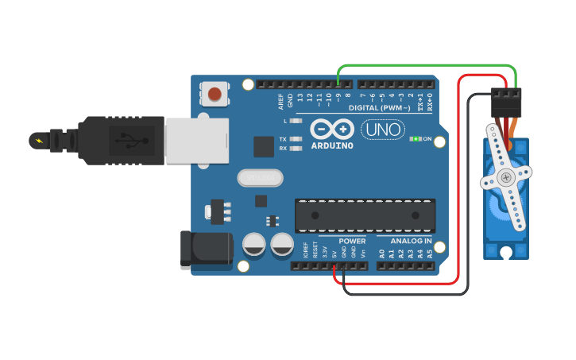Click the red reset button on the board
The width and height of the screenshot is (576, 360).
click(214, 95)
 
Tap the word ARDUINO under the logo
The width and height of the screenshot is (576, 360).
click(332, 145)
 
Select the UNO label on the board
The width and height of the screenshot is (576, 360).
click(383, 129)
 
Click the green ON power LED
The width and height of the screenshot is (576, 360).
click(415, 139)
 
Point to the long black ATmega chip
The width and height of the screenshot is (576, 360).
click(365, 215)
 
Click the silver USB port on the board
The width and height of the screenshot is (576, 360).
click(196, 141)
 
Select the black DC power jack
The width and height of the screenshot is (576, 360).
click(205, 250)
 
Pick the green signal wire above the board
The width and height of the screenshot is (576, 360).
click(429, 65)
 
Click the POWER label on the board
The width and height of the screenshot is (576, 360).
click(352, 241)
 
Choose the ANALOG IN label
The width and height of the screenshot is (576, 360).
click(410, 241)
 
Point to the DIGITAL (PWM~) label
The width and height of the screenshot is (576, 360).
click(380, 107)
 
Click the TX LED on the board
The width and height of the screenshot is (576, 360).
click(296, 139)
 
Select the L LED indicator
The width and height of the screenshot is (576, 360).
click(296, 121)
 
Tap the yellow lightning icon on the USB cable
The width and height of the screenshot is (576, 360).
click(37, 141)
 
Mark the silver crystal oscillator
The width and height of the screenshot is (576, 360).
click(260, 177)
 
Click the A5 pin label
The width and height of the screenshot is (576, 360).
click(430, 254)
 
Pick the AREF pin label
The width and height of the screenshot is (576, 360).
click(280, 101)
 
